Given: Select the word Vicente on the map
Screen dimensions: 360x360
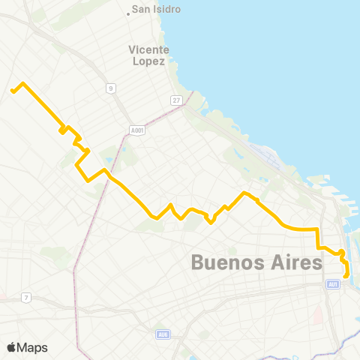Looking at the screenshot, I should pos(148,50).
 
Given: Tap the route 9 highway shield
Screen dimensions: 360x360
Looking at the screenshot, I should pos(110,88).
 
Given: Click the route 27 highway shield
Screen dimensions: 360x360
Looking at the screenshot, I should pos(176,100).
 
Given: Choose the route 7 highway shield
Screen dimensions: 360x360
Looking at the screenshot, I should pos(26,298).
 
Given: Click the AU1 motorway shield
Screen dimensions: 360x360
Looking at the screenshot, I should pos(333,284).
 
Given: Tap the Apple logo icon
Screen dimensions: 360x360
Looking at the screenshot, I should pos(11,347).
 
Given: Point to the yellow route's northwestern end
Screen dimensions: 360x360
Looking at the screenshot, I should pos(12,91).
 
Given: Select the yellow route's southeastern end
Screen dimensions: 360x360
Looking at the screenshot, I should pos(346,276).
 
